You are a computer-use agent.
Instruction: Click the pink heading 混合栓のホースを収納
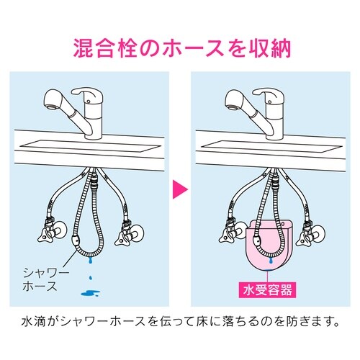[x=179, y=48]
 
